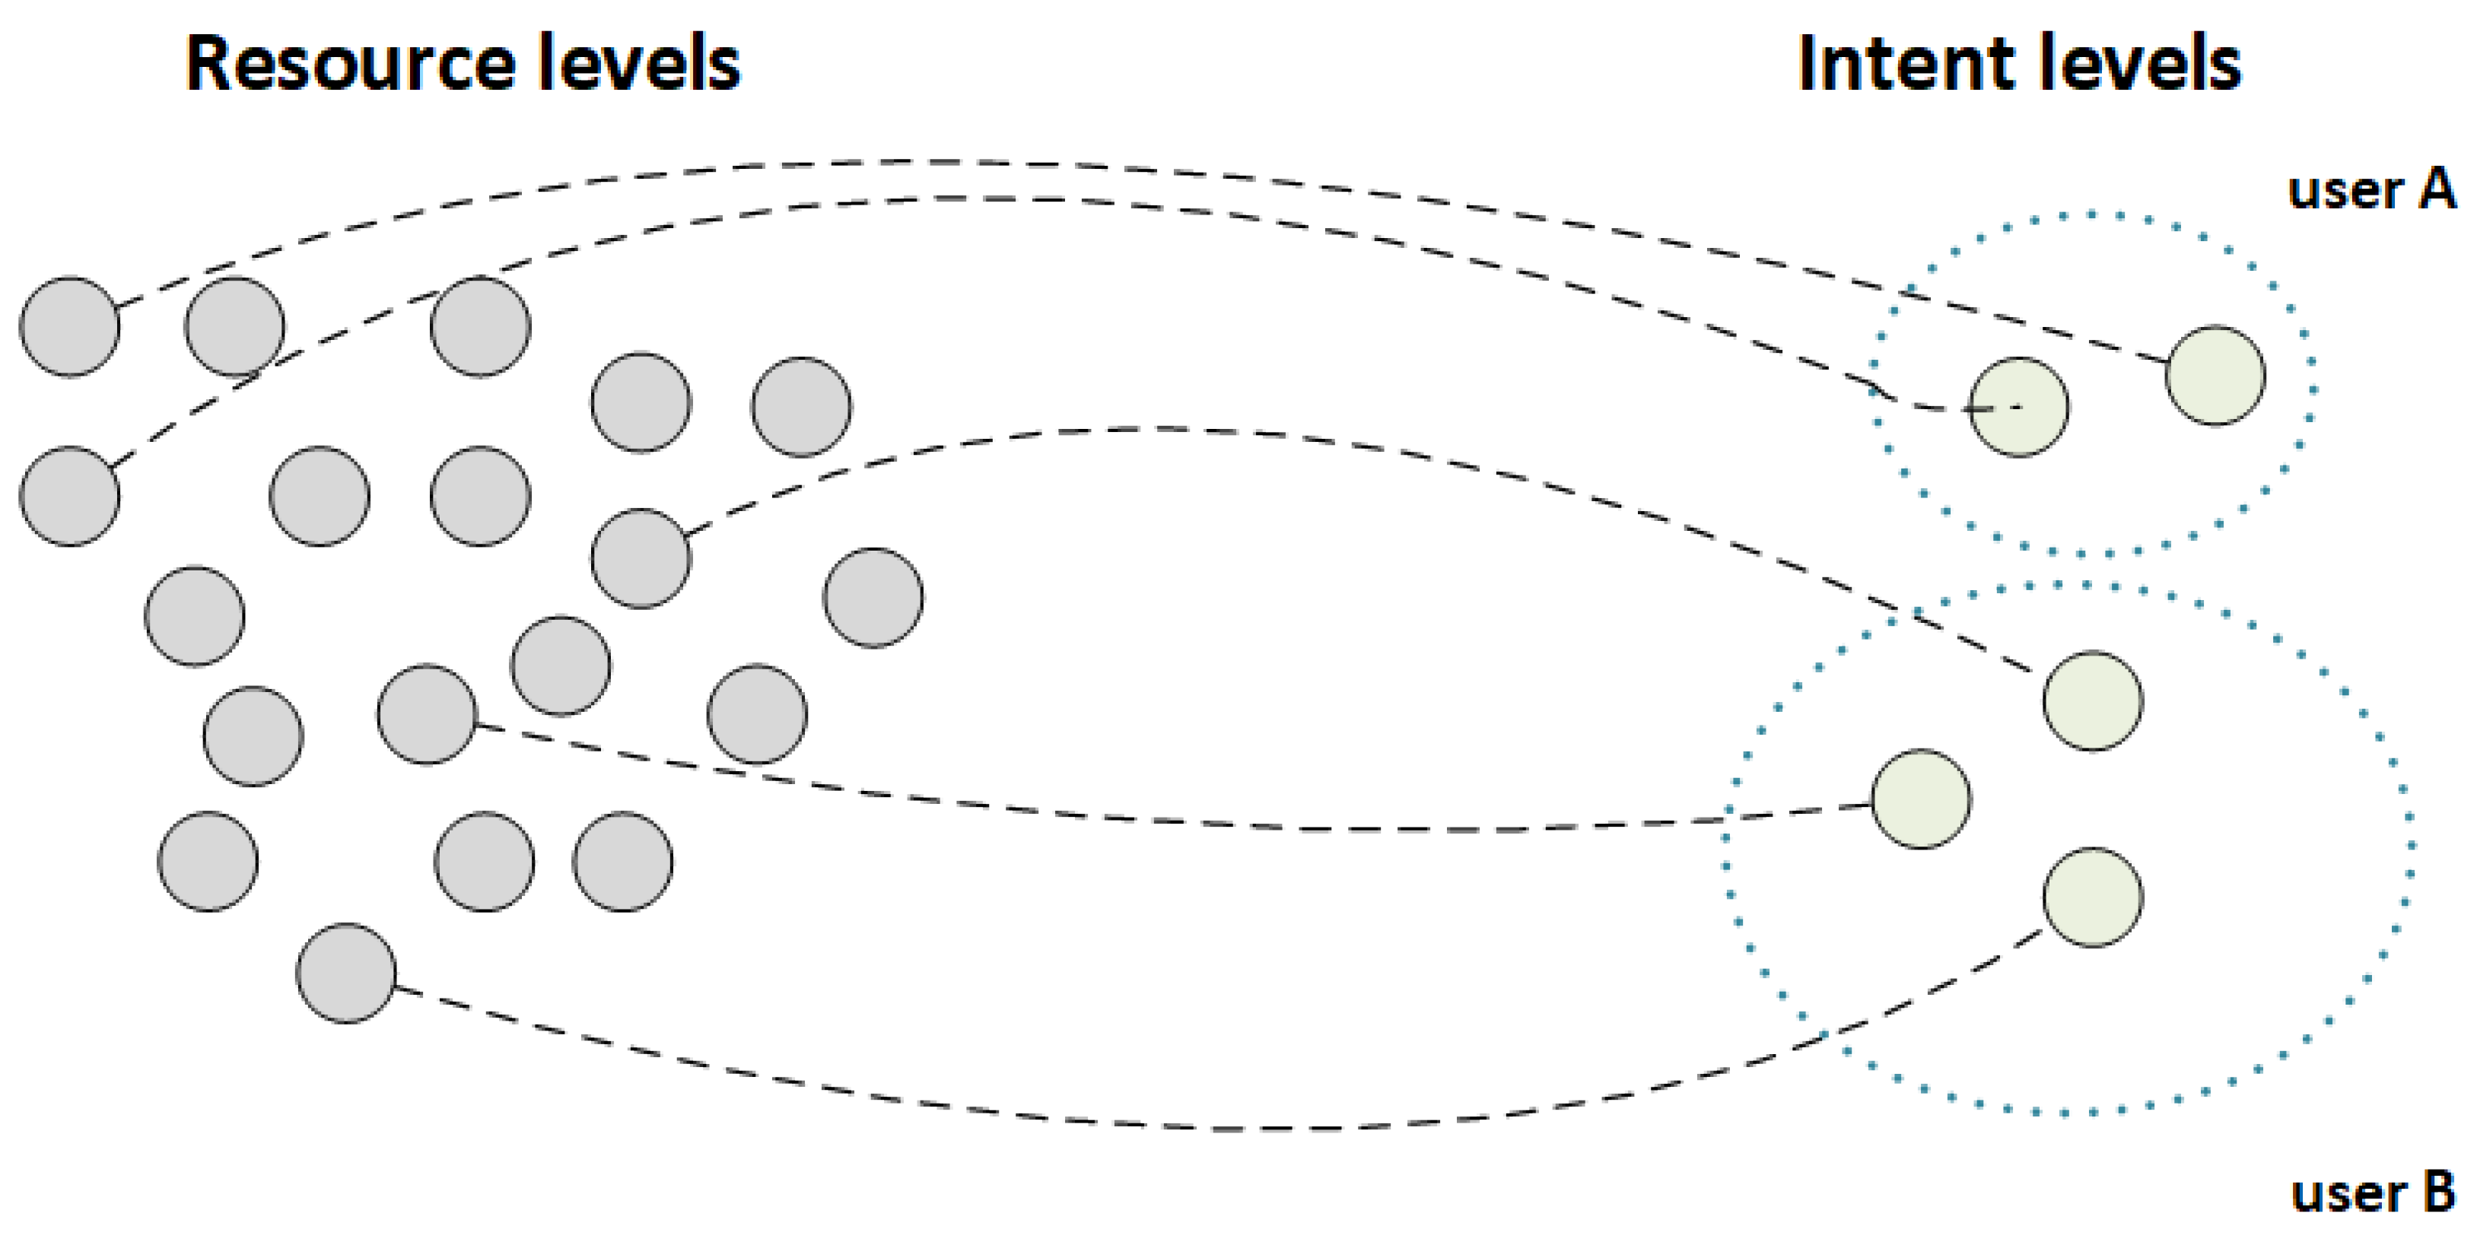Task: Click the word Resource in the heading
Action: [350, 63]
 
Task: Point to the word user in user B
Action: [2346, 1194]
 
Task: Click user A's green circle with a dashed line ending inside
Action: [2018, 407]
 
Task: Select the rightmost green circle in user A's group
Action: [2215, 375]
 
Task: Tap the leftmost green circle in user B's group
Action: [1920, 798]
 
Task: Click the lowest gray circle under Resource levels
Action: [346, 973]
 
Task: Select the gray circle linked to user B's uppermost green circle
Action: [641, 558]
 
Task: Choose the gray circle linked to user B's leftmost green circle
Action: [427, 714]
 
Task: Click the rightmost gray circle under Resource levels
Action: [873, 597]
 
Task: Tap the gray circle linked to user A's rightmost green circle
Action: [70, 327]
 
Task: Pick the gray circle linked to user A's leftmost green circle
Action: [70, 496]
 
